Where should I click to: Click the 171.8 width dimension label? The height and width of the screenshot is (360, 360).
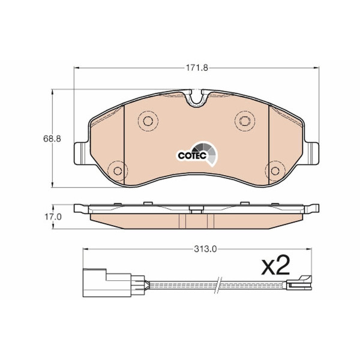coord(197,68)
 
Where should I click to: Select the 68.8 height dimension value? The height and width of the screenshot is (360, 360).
coord(52,139)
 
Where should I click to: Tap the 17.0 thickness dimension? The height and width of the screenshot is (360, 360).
coord(53,217)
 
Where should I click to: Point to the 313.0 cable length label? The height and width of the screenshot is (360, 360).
coord(205,250)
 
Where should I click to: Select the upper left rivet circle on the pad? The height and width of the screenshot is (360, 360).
coord(148,121)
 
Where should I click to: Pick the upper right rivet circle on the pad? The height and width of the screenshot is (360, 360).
coord(245,121)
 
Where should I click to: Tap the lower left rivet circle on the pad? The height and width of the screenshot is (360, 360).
coord(118,171)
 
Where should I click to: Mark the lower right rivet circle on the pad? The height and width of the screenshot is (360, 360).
coord(275,171)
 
